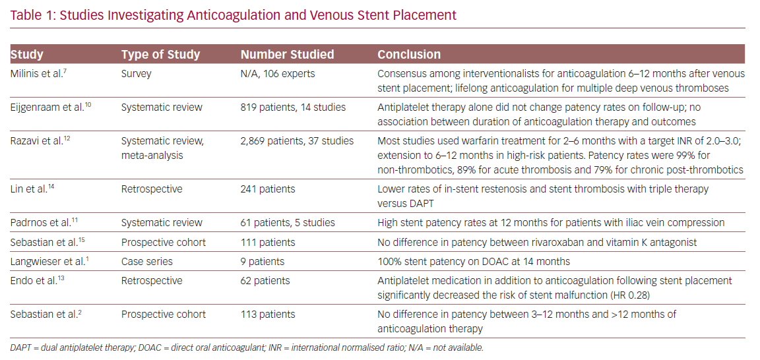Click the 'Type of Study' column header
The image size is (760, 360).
pos(160,54)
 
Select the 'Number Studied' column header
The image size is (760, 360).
pos(288,54)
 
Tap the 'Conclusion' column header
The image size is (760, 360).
pos(409,54)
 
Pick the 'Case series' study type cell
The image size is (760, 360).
pos(146,262)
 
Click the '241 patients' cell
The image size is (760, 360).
pos(269,189)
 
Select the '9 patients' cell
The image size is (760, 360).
pos(263,262)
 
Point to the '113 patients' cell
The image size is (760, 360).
pos(268,315)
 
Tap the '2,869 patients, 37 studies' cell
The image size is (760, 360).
pos(297,141)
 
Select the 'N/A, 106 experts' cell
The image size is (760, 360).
pos(278,74)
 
